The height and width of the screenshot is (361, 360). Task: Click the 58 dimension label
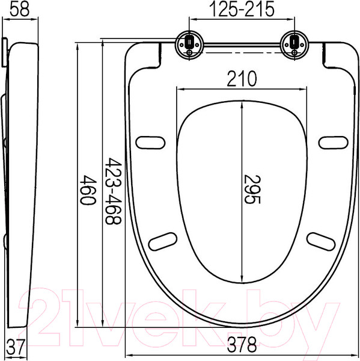[20, 10]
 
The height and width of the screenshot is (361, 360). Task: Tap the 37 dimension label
[15, 347]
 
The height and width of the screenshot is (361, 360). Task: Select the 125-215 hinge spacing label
[242, 9]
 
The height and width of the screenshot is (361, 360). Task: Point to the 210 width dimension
[242, 78]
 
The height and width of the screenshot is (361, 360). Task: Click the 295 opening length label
[252, 190]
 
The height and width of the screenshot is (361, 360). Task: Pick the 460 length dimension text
[88, 190]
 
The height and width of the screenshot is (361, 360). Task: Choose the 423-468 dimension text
[113, 191]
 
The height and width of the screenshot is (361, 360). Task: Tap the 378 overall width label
[242, 345]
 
